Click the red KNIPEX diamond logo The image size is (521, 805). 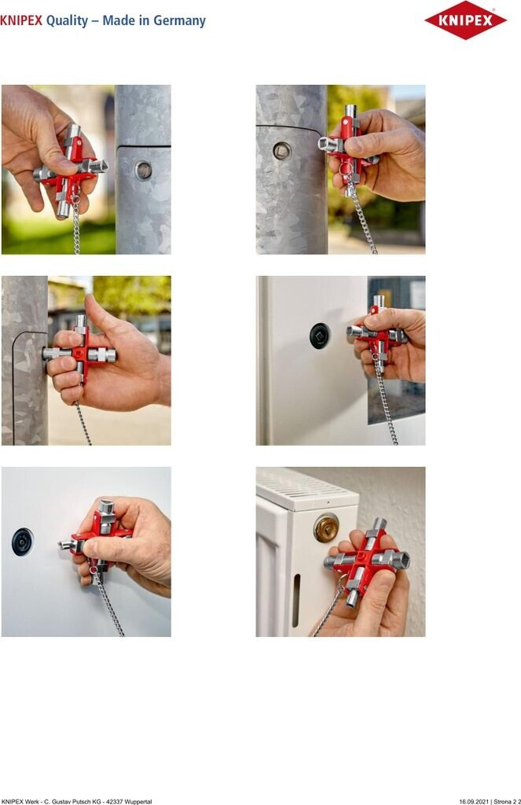[465, 20]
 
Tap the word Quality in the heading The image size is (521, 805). [68, 21]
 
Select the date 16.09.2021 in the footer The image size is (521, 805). [472, 801]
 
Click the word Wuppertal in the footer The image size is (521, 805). [138, 801]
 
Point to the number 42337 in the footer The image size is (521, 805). [115, 801]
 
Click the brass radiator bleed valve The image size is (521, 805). [326, 527]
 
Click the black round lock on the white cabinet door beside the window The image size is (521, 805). [319, 336]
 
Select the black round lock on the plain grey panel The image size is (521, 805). [23, 542]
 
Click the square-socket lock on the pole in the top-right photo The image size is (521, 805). [281, 151]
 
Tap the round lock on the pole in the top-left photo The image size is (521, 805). [144, 170]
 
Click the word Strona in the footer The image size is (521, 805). [502, 801]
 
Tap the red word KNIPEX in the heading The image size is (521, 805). [21, 21]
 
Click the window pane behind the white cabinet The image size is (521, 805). [396, 349]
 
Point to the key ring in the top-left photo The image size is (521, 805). [75, 197]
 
